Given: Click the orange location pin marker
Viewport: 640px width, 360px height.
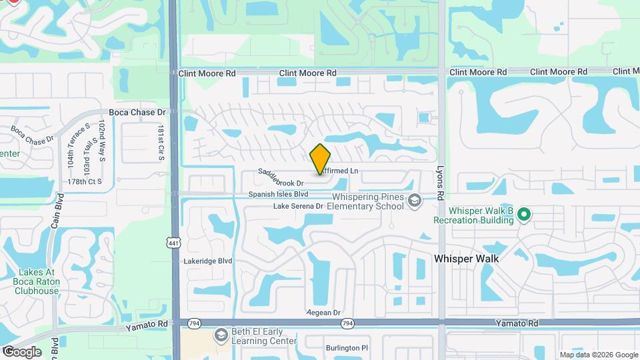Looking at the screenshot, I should pyautogui.click(x=320, y=159).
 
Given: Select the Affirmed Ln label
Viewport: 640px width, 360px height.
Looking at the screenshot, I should pyautogui.click(x=339, y=171).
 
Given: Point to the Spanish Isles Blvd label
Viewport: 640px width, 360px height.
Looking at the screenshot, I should pyautogui.click(x=278, y=195).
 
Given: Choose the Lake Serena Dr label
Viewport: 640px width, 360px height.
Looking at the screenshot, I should pyautogui.click(x=298, y=207).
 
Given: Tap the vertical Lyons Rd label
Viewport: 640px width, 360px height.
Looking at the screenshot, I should pyautogui.click(x=440, y=182).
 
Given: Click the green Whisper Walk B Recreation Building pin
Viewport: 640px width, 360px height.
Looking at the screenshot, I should pyautogui.click(x=524, y=215).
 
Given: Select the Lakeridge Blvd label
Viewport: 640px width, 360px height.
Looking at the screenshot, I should pyautogui.click(x=208, y=261).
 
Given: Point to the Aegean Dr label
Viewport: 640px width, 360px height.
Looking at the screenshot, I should pyautogui.click(x=323, y=313).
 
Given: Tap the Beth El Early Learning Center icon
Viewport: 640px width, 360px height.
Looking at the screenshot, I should pyautogui.click(x=221, y=335).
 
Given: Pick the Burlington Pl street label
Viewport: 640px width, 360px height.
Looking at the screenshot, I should pyautogui.click(x=347, y=348).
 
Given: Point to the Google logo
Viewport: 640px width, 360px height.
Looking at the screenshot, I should pyautogui.click(x=21, y=352).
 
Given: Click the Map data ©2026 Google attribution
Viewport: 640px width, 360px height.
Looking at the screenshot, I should pyautogui.click(x=598, y=355).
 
